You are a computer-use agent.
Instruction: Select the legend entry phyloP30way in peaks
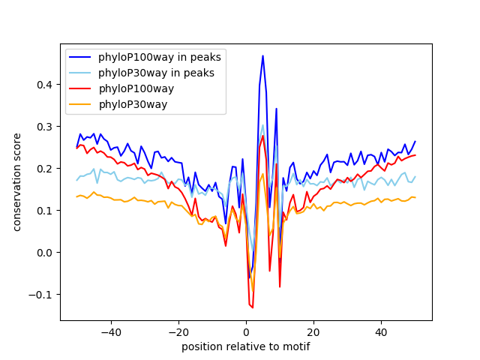156,73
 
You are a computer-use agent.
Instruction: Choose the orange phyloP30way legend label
133,103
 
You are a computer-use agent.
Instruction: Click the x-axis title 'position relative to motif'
246,346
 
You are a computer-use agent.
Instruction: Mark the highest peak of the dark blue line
262,55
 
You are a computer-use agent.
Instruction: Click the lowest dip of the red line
253,307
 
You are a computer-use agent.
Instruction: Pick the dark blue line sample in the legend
81,58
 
